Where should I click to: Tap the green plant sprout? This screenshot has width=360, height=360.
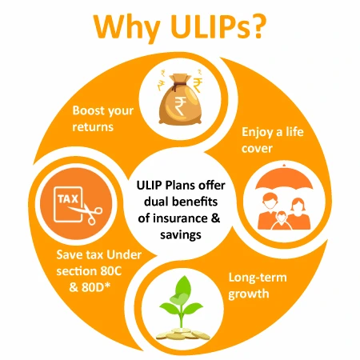click(x=184, y=293)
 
